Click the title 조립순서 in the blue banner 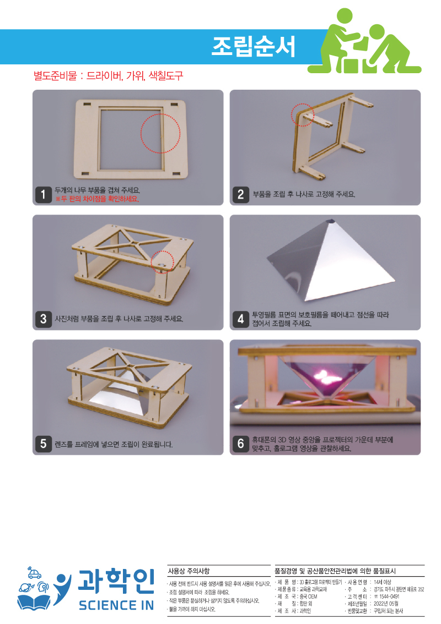(x=253, y=47)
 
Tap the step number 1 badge (x=44, y=195)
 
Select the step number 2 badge (x=240, y=195)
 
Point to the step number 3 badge (x=44, y=319)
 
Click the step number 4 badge (x=240, y=319)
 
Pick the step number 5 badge (x=44, y=444)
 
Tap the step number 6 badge (x=240, y=444)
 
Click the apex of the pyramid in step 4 (x=331, y=220)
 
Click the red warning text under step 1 (x=97, y=199)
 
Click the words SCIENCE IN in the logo (x=116, y=605)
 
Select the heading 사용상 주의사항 (x=189, y=571)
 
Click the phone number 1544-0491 (x=389, y=596)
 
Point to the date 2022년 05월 (x=386, y=604)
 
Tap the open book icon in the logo (x=34, y=602)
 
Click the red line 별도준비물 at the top (x=108, y=75)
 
